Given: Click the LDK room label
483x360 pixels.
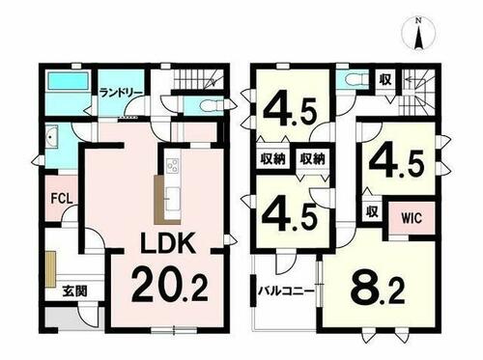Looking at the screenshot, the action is coord(168,243).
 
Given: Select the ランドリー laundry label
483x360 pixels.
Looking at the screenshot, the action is coord(121,93).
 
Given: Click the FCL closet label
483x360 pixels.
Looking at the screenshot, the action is coord(62,199).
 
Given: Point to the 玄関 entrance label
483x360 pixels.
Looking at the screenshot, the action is coord(74,291).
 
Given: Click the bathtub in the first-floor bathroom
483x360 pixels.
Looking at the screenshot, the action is coord(68,81).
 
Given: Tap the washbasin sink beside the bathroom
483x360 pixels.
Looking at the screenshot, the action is coord(51,138).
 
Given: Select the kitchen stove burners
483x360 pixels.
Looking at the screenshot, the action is coord(172,166).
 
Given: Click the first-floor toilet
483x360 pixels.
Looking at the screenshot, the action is coord(210,105).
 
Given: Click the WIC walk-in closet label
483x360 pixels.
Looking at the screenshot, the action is coord(412,218).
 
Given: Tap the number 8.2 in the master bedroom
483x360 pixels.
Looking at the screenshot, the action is coord(377,288).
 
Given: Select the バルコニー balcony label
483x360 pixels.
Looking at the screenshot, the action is coord(286,291).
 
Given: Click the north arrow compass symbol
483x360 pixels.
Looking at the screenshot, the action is coord(418,34).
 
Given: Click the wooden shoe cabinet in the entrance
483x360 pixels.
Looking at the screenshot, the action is coord(50,269).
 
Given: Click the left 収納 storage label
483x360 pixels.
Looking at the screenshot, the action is coord(273,159).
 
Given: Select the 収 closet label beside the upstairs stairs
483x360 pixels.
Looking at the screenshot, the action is coord(384,79).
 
